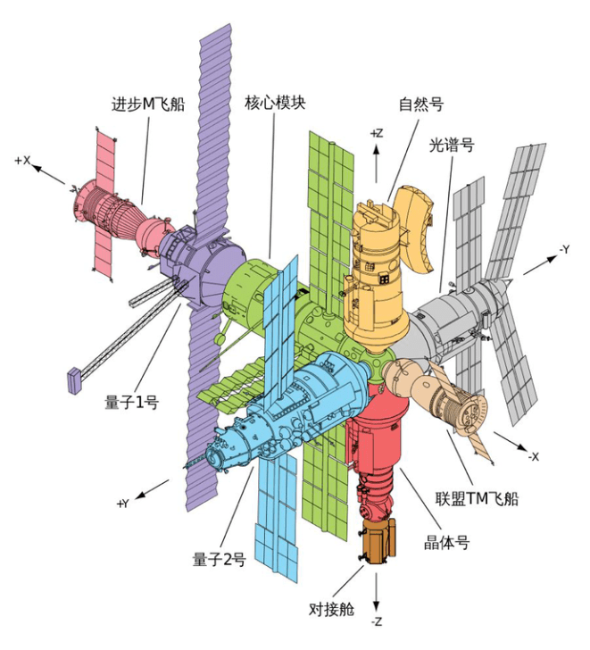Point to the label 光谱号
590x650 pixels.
(x=451, y=144)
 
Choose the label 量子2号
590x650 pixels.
(x=219, y=560)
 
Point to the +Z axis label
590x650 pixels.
(x=376, y=133)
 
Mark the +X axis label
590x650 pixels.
(x=23, y=161)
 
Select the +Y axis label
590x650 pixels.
(x=123, y=504)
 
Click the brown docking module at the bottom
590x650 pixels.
(x=377, y=543)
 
